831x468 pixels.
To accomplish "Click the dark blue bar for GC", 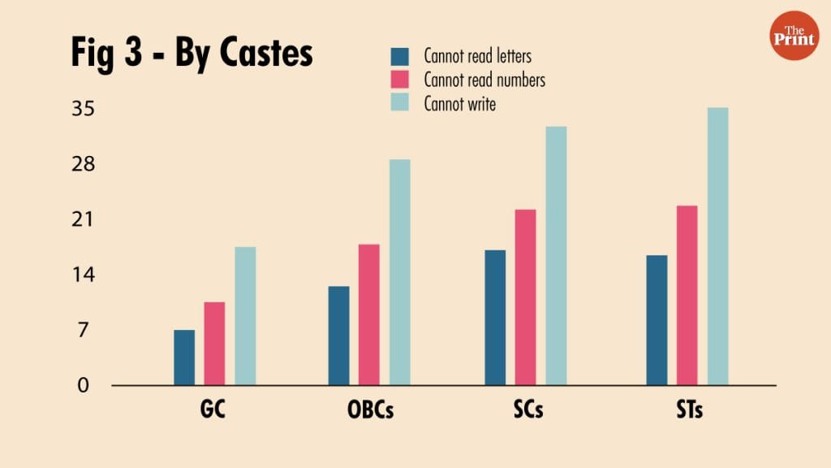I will pyautogui.click(x=184, y=357).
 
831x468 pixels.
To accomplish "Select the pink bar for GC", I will pyautogui.click(x=214, y=344).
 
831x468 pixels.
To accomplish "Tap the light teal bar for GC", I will pyautogui.click(x=245, y=316).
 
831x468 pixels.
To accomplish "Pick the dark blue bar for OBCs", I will pyautogui.click(x=339, y=336).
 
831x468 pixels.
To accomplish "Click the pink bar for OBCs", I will pyautogui.click(x=369, y=314).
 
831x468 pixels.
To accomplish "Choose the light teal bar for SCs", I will pyautogui.click(x=556, y=256).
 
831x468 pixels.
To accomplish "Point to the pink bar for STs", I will pyautogui.click(x=687, y=295).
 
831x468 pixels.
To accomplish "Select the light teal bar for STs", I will pyautogui.click(x=717, y=246).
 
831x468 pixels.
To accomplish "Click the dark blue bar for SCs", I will pyautogui.click(x=495, y=318).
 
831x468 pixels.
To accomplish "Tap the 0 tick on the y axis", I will pyautogui.click(x=83, y=385).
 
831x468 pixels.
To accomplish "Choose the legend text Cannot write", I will pyautogui.click(x=459, y=103).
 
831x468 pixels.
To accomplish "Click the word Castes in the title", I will pyautogui.click(x=257, y=53).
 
